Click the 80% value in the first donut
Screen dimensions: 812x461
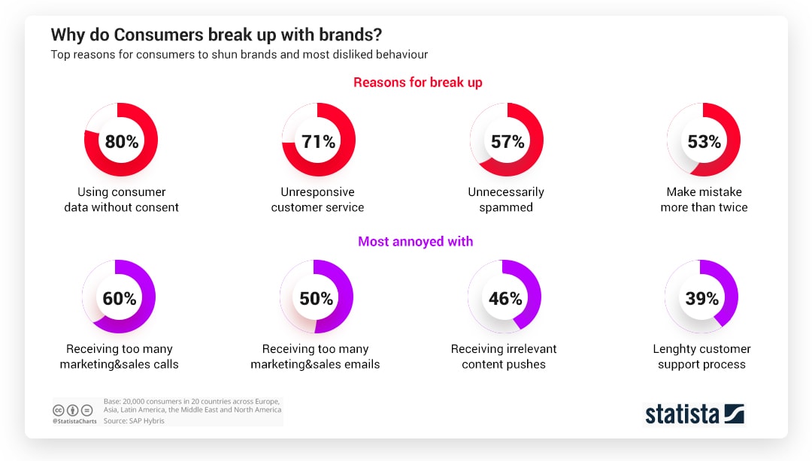122,141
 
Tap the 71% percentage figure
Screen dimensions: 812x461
319,141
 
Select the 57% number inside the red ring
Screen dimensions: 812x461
507,141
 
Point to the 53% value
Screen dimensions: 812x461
704,141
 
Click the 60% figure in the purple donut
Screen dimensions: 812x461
120,299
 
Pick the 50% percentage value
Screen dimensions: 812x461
317,299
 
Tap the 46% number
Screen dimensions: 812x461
505,299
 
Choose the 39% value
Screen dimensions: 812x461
702,299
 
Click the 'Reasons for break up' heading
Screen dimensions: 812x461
418,83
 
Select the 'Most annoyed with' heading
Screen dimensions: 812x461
415,242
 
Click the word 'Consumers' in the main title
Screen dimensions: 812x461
159,35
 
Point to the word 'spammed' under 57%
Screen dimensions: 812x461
506,207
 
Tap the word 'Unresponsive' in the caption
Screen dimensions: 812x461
317,192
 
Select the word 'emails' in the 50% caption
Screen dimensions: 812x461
363,364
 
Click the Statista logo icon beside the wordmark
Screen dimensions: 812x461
735,414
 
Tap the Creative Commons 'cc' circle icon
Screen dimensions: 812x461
59,410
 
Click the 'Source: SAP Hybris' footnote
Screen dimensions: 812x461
134,420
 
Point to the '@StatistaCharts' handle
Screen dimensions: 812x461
74,421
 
